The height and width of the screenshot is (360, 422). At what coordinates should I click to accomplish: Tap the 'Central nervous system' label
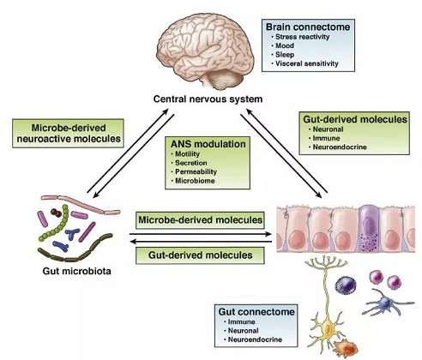(208, 99)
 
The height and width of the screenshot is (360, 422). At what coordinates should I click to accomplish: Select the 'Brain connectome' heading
(308, 27)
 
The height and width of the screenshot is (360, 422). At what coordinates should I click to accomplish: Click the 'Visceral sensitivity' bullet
(306, 63)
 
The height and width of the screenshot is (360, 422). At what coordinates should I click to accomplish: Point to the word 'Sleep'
(285, 55)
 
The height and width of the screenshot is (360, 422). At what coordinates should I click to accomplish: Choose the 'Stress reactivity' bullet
(302, 37)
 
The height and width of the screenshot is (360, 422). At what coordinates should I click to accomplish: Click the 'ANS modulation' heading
(208, 144)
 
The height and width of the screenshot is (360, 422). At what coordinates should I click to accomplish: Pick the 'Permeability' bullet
(196, 171)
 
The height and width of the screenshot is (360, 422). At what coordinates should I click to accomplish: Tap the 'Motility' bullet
(187, 154)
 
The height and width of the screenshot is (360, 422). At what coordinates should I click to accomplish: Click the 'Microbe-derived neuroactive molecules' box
(68, 133)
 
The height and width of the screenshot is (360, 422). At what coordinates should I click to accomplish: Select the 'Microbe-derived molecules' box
(200, 220)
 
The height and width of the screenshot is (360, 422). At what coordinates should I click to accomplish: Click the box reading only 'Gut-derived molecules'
(200, 255)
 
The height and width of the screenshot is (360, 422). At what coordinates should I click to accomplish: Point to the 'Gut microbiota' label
(76, 271)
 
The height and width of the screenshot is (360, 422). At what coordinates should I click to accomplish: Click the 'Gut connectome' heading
(256, 311)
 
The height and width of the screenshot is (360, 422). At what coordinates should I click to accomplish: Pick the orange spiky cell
(346, 347)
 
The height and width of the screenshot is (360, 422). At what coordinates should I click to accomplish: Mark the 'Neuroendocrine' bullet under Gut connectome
(255, 339)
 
